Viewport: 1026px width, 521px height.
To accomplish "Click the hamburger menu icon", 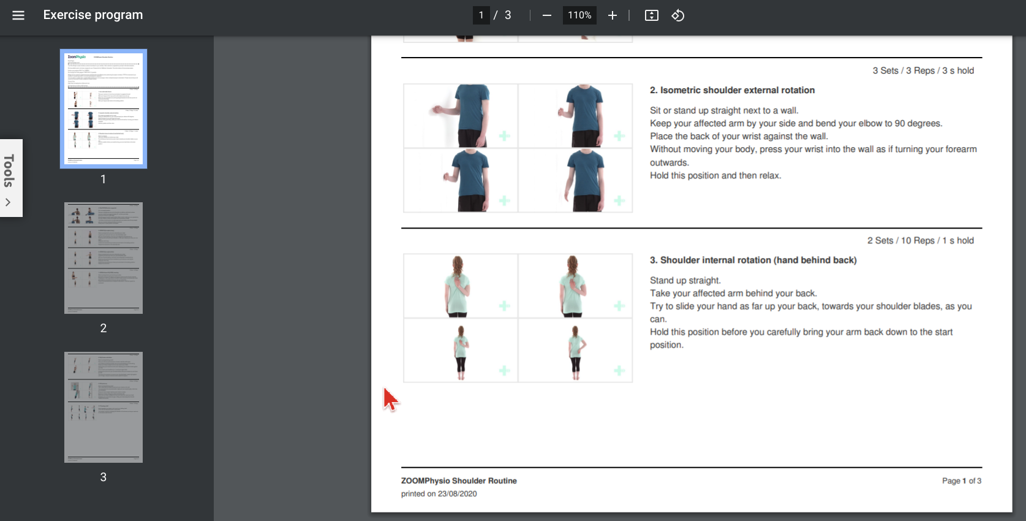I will [18, 15].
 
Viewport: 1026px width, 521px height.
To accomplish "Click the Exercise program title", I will [93, 15].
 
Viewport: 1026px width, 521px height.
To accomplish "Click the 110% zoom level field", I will [579, 15].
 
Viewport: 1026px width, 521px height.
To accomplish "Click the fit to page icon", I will [651, 15].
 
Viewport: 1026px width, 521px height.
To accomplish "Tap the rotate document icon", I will [677, 15].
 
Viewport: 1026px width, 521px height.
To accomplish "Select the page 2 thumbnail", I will [104, 258].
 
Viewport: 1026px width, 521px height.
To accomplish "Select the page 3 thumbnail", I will [104, 407].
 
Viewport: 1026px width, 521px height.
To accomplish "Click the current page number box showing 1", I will [481, 15].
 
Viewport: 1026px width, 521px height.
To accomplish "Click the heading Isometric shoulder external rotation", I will [732, 90].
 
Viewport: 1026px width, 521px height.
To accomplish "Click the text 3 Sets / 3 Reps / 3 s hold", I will [922, 70].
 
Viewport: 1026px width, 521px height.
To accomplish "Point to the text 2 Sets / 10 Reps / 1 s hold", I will [920, 240].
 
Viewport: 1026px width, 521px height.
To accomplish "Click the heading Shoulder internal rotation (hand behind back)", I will [753, 260].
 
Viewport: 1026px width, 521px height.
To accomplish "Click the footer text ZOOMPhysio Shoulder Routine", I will [459, 481].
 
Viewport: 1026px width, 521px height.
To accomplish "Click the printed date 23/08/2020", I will [457, 493].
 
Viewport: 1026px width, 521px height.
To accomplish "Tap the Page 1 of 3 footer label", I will [961, 481].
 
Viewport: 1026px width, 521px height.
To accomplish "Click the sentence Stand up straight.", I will [685, 280].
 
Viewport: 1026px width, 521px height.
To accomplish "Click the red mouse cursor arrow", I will [390, 399].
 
